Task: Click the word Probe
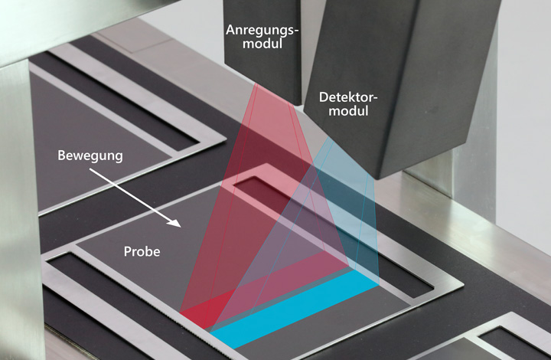click(142, 251)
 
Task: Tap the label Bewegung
click(90, 155)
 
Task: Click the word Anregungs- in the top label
click(262, 31)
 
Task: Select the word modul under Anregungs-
click(262, 44)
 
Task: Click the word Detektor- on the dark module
click(348, 97)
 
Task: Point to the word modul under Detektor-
click(348, 111)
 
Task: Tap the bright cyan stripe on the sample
click(295, 311)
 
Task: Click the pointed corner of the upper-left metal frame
click(226, 142)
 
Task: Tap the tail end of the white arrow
click(90, 169)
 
